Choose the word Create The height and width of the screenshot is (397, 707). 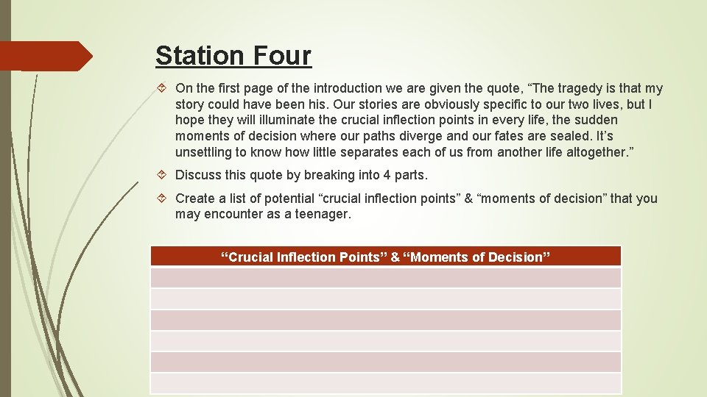(195, 198)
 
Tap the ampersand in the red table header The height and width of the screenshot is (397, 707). (395, 257)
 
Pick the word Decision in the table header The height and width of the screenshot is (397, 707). (518, 257)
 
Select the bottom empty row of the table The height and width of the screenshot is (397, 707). (385, 383)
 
